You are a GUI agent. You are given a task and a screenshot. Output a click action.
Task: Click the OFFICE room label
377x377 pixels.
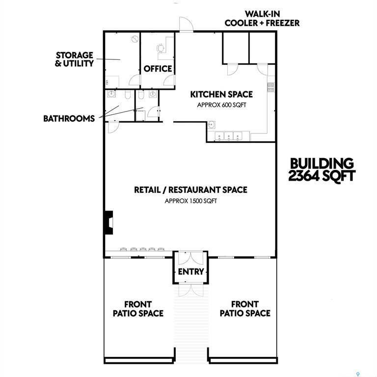pyautogui.click(x=158, y=69)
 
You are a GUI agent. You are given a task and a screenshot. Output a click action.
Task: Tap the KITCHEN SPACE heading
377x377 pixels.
pyautogui.click(x=221, y=94)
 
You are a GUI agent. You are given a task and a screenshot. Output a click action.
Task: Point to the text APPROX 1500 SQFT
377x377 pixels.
pyautogui.click(x=190, y=201)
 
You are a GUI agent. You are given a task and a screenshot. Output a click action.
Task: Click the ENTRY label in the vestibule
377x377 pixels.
pyautogui.click(x=190, y=271)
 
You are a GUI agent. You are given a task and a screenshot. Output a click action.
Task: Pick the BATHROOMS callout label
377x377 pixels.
pyautogui.click(x=69, y=118)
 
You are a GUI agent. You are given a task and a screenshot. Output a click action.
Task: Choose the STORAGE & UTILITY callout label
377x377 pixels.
pyautogui.click(x=75, y=59)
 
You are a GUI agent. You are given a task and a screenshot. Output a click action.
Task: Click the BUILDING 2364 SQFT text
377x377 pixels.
pyautogui.click(x=321, y=170)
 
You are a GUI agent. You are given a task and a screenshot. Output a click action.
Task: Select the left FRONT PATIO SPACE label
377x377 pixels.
pyautogui.click(x=138, y=309)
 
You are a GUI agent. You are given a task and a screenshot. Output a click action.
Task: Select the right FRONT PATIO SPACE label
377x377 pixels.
pyautogui.click(x=245, y=309)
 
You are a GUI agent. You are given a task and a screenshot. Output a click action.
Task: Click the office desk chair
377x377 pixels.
pyautogui.click(x=161, y=48)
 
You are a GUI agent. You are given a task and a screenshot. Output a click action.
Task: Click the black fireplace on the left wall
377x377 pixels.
pyautogui.click(x=108, y=221)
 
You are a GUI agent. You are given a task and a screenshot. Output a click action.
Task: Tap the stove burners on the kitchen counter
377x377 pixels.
pyautogui.click(x=270, y=87)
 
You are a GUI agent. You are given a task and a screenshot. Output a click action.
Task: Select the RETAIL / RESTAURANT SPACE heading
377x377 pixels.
pyautogui.click(x=190, y=190)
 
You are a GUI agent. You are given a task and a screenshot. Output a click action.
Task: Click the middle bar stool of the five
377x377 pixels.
pyautogui.click(x=143, y=248)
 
